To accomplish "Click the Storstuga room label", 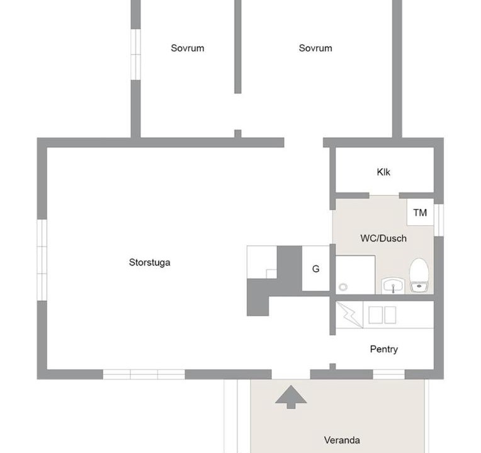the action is (149, 262).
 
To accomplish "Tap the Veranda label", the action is (342, 440).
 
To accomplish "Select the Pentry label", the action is (384, 349).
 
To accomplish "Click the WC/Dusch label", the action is (383, 238).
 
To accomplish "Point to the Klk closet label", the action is (383, 172).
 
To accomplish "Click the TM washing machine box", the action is (421, 213).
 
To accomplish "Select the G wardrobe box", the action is (315, 269).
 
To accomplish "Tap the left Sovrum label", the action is (188, 48).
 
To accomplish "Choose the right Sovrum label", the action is (315, 48).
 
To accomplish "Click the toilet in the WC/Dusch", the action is (419, 275).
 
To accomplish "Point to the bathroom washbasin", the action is (393, 286).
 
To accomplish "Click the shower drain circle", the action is (343, 287).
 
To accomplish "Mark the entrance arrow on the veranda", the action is (291, 397).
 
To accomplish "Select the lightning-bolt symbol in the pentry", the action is (349, 315).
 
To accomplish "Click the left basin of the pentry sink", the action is (375, 315).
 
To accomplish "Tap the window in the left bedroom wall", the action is (135, 55).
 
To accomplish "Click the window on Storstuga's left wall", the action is (42, 260).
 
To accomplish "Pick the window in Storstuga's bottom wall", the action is (144, 374).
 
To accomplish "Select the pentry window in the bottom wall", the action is (388, 374).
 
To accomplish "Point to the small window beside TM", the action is (439, 220).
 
